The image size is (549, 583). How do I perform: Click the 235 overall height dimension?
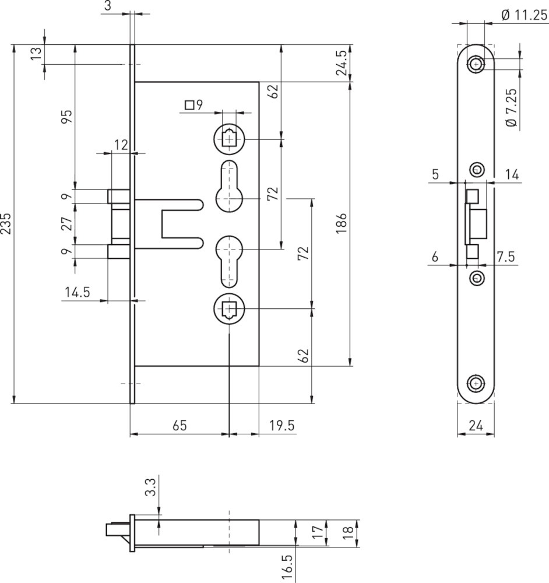tap(6, 223)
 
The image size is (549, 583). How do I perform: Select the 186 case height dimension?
tap(341, 223)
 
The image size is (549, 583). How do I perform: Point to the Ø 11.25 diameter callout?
tap(524, 15)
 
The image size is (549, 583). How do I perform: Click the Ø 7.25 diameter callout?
tap(512, 107)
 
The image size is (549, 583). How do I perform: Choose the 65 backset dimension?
tap(180, 426)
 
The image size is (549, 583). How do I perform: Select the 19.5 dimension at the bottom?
tap(281, 426)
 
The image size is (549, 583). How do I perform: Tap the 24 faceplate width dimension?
tap(476, 425)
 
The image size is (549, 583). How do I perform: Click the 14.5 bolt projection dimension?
tap(78, 292)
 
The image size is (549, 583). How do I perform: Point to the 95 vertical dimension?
tap(67, 117)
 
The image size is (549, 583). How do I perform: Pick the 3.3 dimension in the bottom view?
tap(150, 487)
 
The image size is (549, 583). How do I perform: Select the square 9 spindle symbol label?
tap(193, 105)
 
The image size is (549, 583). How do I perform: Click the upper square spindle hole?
tap(230, 139)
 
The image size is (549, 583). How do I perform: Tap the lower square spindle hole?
tap(230, 308)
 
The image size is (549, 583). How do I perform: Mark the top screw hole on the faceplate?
tap(476, 64)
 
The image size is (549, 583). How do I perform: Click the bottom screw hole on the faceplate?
tap(476, 384)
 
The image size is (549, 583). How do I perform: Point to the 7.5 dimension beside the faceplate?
tap(506, 257)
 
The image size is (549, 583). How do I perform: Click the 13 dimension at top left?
tap(37, 54)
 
